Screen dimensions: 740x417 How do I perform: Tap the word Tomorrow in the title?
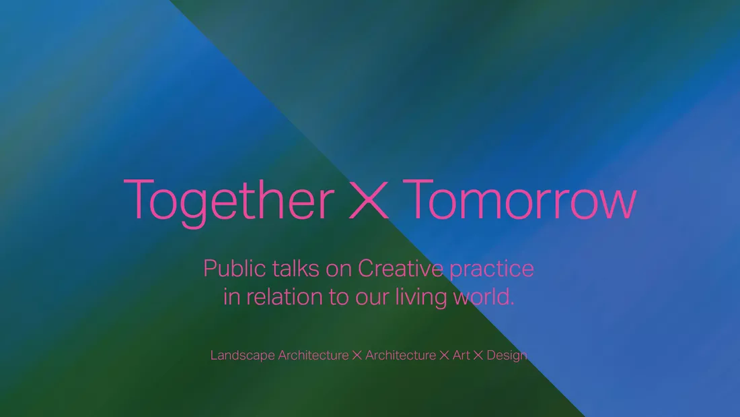(x=519, y=199)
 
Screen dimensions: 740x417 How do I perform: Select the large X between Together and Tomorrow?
(x=369, y=200)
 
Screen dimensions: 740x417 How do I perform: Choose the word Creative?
(x=400, y=268)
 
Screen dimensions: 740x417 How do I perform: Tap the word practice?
(x=491, y=269)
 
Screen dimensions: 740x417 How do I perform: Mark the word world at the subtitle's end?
(x=483, y=297)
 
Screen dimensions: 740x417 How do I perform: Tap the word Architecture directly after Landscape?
(x=313, y=355)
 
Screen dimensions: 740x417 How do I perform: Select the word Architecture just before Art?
(x=401, y=355)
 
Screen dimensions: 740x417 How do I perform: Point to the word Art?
(x=461, y=355)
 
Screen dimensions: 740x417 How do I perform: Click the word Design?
(x=507, y=356)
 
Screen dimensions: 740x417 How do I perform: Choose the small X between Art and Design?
(x=478, y=355)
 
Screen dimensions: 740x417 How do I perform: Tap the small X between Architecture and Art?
(x=444, y=355)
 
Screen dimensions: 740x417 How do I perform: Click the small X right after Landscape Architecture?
(x=357, y=355)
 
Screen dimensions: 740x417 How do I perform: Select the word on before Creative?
(x=339, y=270)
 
